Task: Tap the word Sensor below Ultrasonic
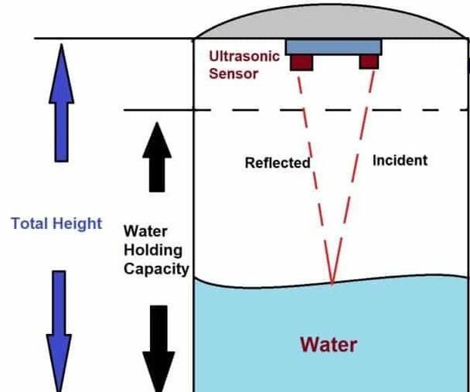pyautogui.click(x=233, y=74)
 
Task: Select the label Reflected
pyautogui.click(x=277, y=163)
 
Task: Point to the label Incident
pyautogui.click(x=400, y=160)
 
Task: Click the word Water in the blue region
pyautogui.click(x=329, y=343)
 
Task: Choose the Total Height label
pyautogui.click(x=56, y=223)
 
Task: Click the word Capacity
pyautogui.click(x=156, y=268)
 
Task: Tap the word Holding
pyautogui.click(x=152, y=250)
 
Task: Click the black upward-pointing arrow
pyautogui.click(x=158, y=156)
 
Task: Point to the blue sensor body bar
pyautogui.click(x=333, y=46)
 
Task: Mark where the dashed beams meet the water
pyautogui.click(x=332, y=283)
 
